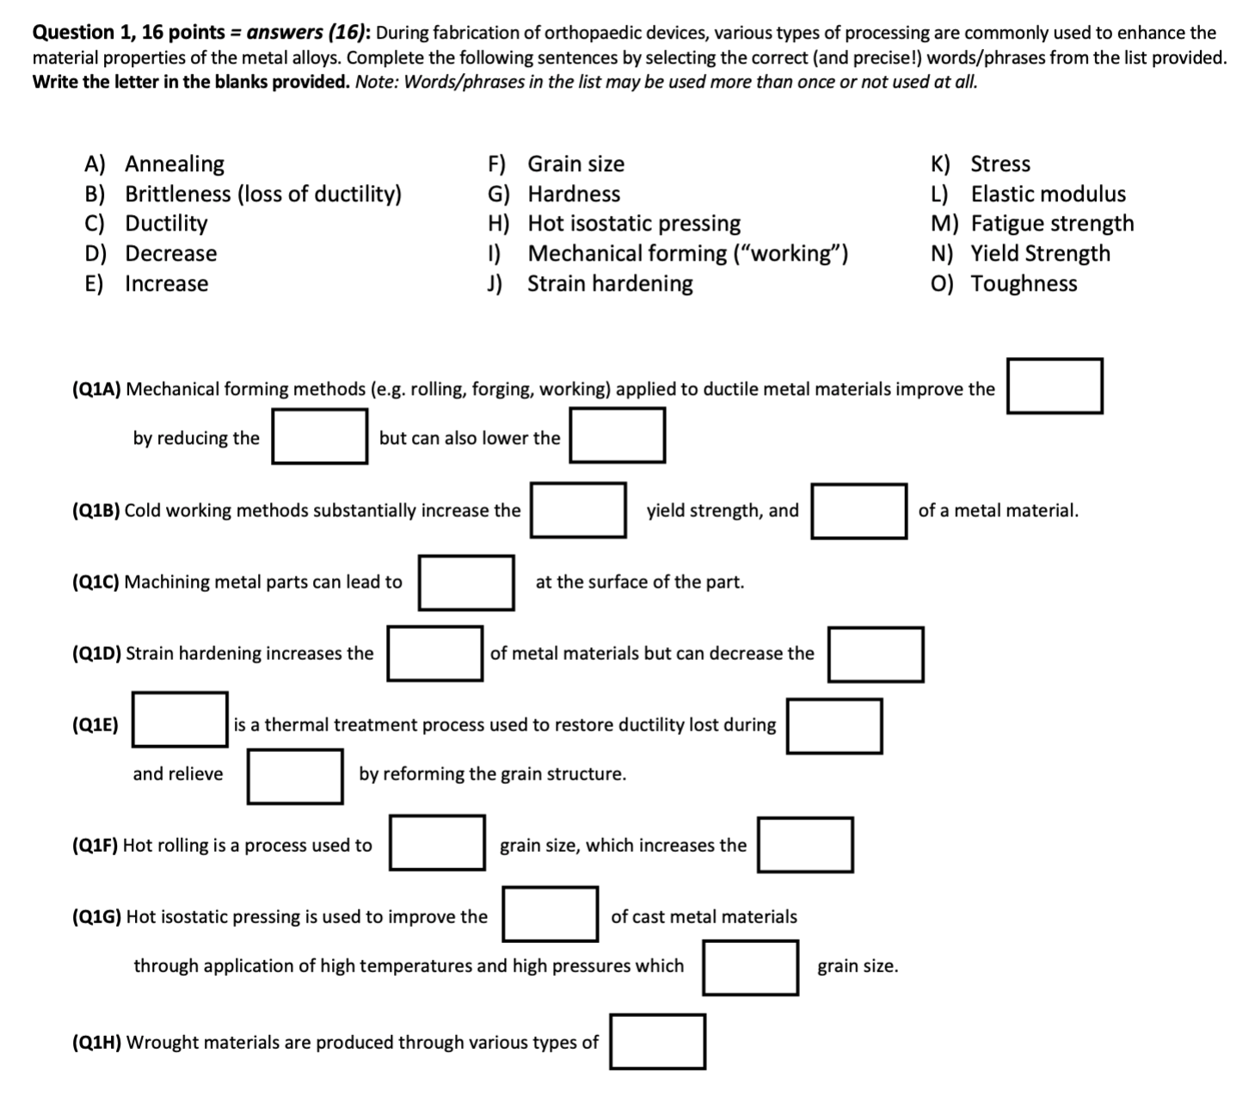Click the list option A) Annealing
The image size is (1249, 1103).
click(x=155, y=163)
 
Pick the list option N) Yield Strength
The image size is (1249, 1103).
click(x=1020, y=254)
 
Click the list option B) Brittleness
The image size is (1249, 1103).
click(x=243, y=194)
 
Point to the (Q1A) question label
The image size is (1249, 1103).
click(x=96, y=389)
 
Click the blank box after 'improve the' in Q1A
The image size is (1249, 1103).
click(x=1055, y=386)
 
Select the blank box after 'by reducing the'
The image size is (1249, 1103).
click(x=320, y=436)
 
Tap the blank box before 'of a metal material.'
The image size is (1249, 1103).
click(x=858, y=511)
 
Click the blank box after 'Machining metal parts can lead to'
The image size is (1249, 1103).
click(x=466, y=582)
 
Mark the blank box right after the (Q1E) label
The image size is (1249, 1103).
click(x=180, y=719)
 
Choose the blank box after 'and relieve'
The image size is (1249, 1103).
click(x=295, y=776)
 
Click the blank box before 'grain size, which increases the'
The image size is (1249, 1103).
click(x=437, y=843)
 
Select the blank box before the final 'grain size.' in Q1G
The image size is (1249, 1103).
click(x=751, y=967)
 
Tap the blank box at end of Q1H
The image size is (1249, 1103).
click(x=657, y=1042)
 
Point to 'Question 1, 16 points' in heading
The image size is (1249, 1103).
click(x=128, y=33)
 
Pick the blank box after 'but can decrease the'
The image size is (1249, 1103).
click(x=876, y=655)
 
